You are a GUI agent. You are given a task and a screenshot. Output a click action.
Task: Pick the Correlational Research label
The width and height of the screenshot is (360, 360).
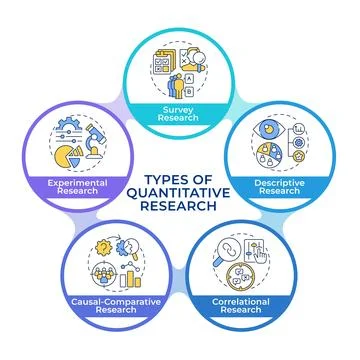pos(254,302)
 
